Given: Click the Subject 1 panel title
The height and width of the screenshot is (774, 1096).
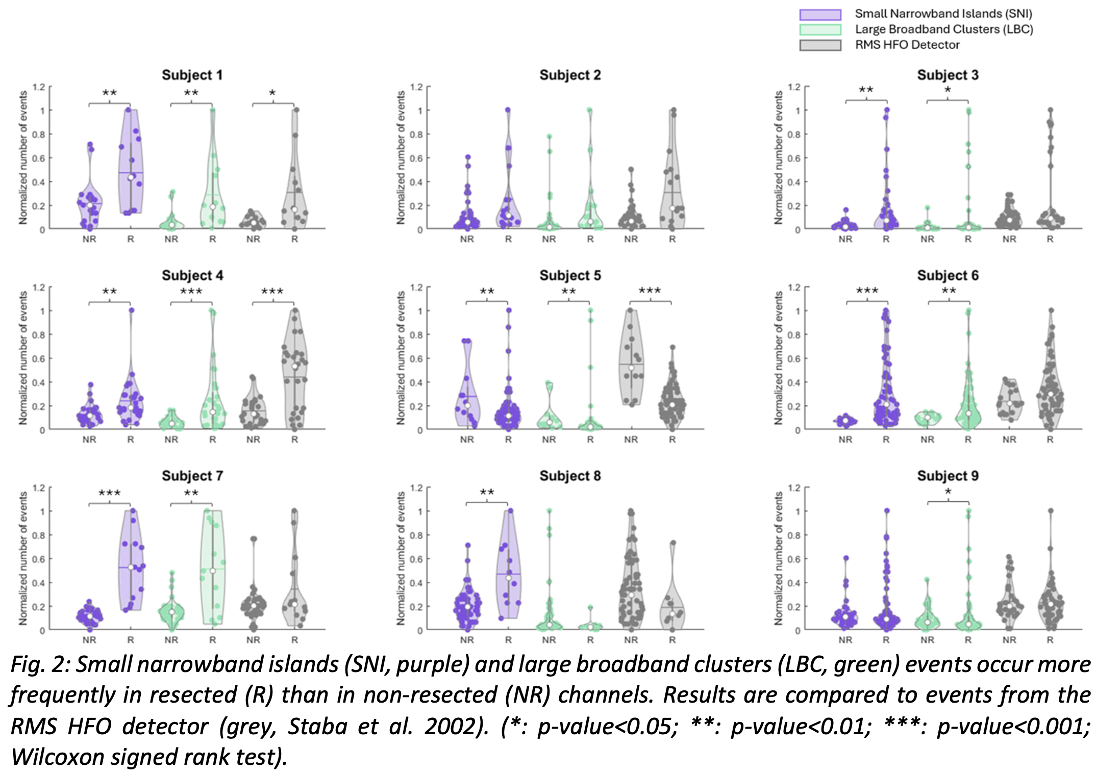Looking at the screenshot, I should (192, 75).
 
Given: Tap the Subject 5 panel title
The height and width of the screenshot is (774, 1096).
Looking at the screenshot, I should (570, 275).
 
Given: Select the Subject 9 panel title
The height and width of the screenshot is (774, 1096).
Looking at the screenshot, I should (948, 476).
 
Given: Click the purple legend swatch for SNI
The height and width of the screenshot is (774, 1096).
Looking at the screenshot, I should (820, 14).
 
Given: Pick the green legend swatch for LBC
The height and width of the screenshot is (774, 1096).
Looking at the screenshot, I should (820, 30).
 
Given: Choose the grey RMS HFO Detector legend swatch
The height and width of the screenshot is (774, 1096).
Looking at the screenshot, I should (820, 45).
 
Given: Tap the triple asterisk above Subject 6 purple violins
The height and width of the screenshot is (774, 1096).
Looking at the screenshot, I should (867, 291).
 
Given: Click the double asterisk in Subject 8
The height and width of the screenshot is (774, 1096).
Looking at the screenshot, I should (487, 493).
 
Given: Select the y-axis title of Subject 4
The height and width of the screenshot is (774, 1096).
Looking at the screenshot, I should (23, 358).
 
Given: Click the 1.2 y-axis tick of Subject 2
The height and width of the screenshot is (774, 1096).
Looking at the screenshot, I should (417, 87).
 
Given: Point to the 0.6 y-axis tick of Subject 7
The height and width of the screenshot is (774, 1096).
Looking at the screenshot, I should (39, 559).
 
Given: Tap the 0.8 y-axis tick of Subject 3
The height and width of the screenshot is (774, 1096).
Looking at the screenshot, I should (794, 135).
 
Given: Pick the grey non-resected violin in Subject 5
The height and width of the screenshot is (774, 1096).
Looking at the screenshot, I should (631, 357).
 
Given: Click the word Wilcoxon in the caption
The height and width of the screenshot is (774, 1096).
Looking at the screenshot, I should (58, 757).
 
